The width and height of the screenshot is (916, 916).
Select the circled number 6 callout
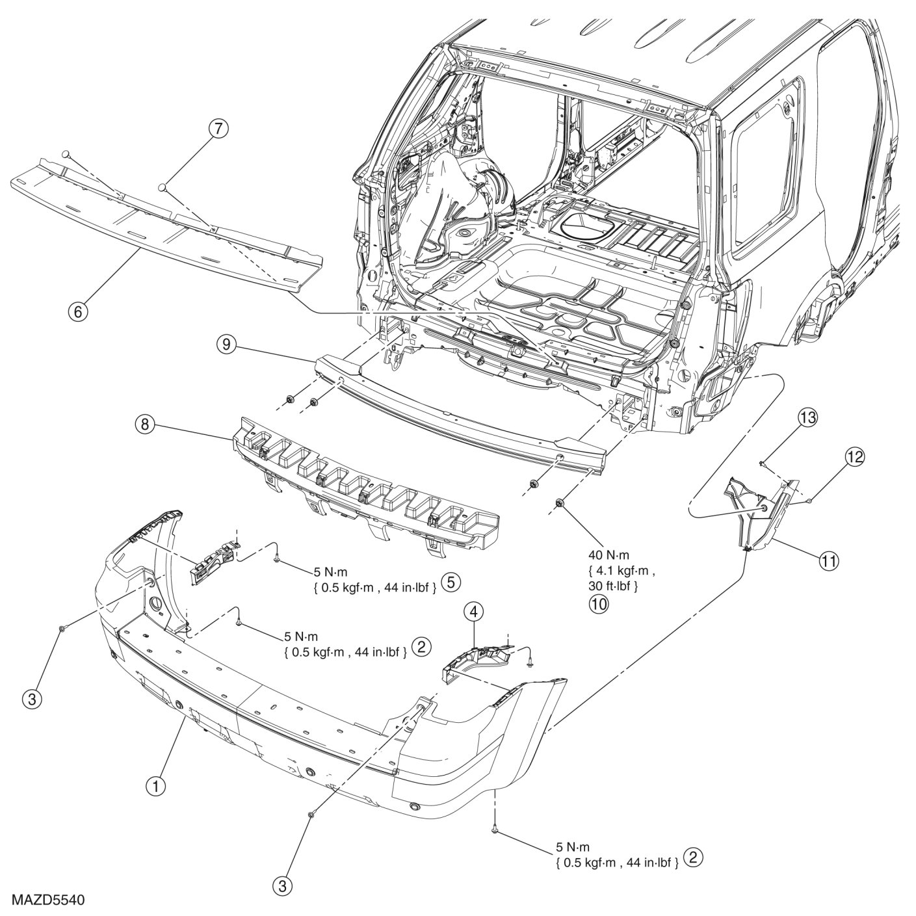click(x=78, y=311)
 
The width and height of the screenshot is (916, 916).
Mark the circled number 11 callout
click(x=828, y=559)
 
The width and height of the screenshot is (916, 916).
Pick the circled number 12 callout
click(x=855, y=458)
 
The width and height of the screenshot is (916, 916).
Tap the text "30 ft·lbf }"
click(x=612, y=586)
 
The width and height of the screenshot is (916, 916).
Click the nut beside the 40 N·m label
click(x=559, y=503)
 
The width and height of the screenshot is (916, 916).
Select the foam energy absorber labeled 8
click(x=364, y=481)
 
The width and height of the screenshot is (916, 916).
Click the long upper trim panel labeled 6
click(x=163, y=221)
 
